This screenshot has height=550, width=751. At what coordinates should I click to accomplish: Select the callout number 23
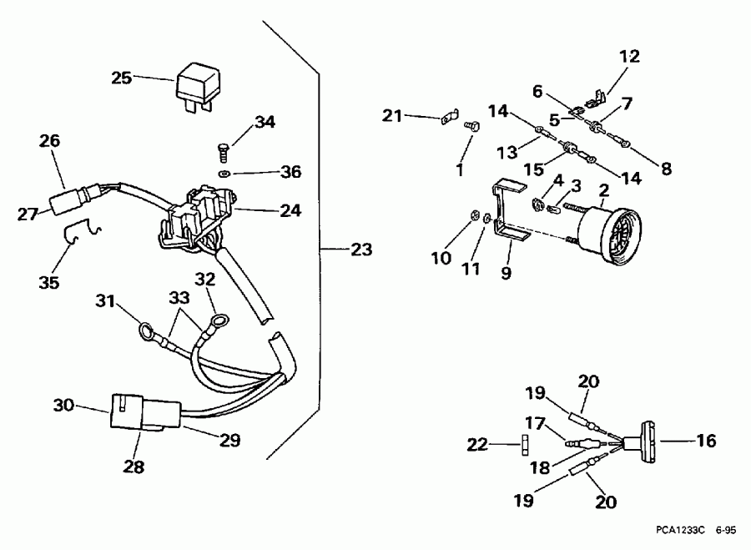361,249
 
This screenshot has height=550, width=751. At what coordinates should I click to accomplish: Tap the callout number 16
706,441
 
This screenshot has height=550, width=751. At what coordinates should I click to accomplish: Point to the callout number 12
629,57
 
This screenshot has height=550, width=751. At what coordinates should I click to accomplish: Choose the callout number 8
666,169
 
